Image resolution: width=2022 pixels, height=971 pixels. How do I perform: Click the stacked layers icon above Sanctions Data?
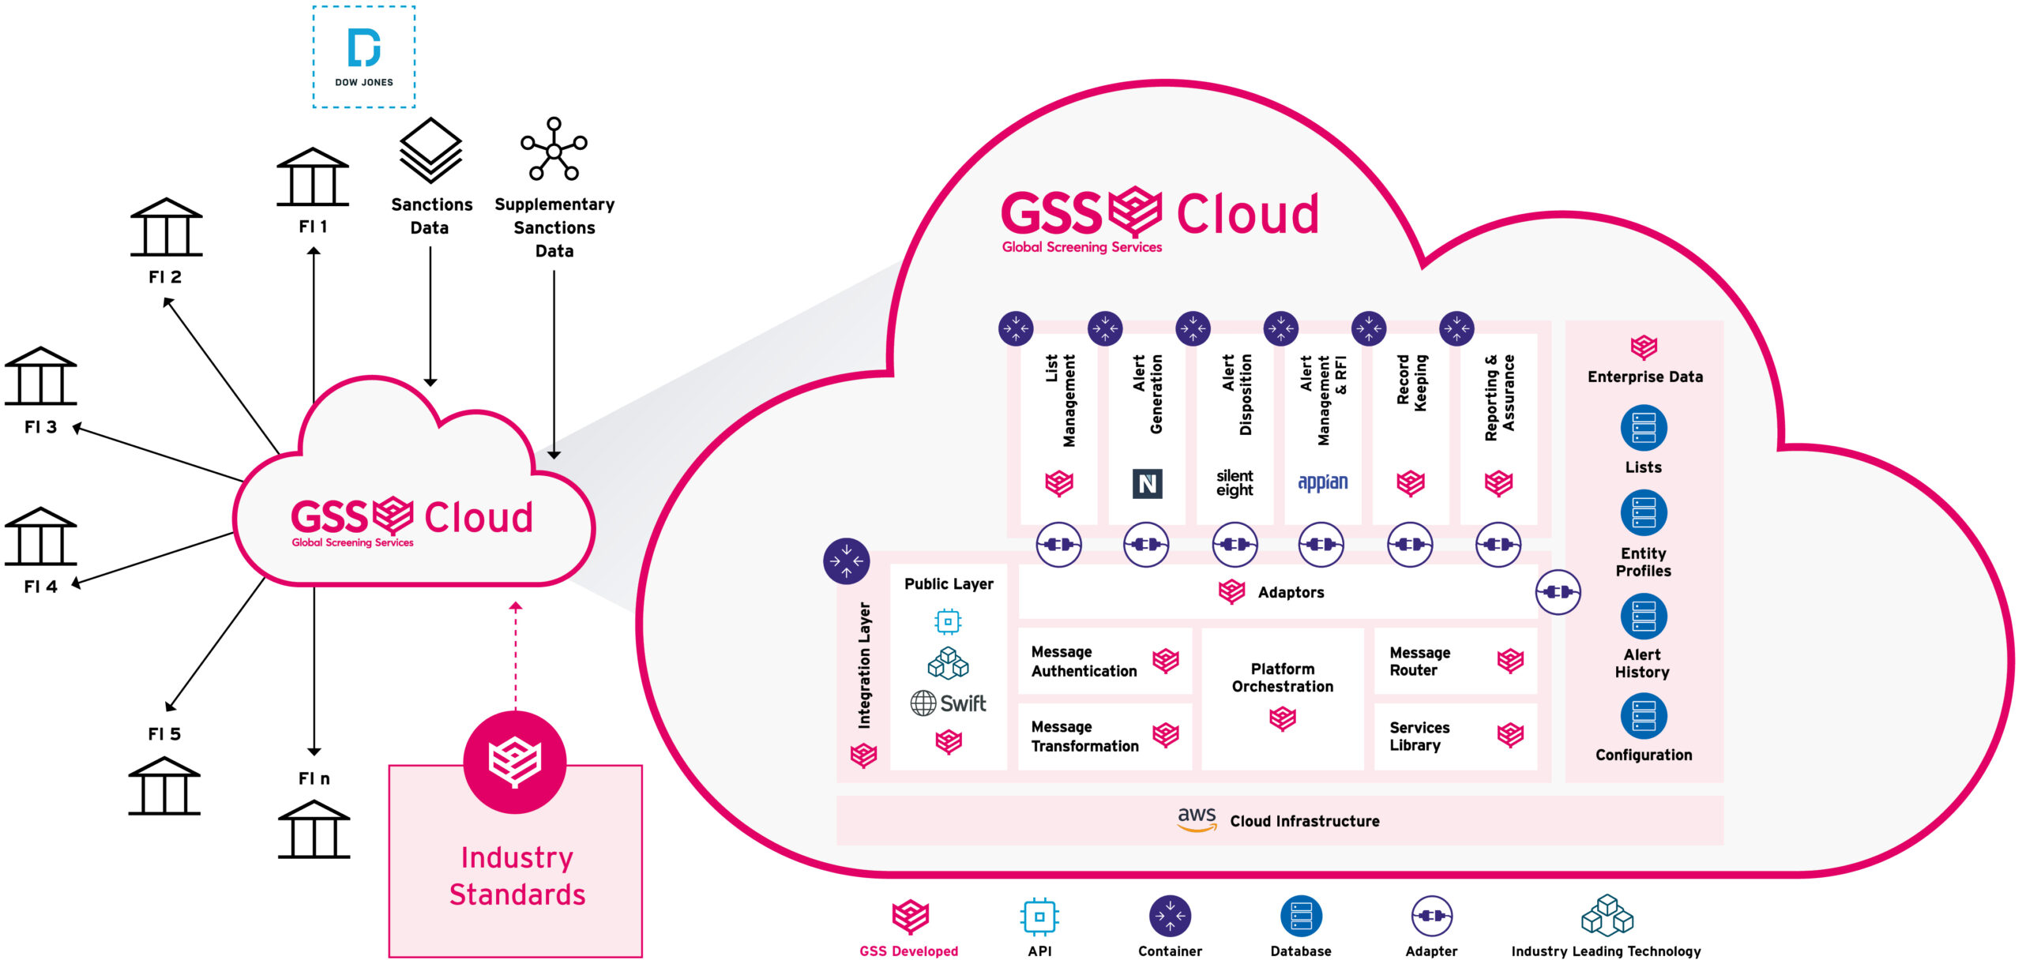click(x=430, y=150)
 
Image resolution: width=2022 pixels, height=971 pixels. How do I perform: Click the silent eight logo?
click(x=1235, y=483)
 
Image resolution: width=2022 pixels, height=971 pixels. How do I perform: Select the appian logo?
click(x=1323, y=482)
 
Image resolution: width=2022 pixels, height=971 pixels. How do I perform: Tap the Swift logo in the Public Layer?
click(x=948, y=703)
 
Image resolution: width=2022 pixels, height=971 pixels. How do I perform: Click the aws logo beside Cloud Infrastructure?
click(x=1197, y=818)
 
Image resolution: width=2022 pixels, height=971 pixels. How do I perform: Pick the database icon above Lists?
click(x=1644, y=428)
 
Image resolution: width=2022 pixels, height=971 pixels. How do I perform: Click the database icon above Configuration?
click(x=1644, y=716)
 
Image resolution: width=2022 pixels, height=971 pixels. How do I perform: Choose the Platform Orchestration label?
click(x=1283, y=678)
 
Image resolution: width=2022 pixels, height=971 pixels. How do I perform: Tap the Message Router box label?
click(x=1419, y=662)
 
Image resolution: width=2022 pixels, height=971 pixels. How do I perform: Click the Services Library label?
click(x=1419, y=737)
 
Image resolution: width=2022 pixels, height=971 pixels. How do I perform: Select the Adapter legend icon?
click(x=1431, y=917)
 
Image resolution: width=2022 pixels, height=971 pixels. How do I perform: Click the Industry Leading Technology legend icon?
click(x=1607, y=916)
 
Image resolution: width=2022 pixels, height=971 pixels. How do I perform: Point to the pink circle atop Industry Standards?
click(x=515, y=762)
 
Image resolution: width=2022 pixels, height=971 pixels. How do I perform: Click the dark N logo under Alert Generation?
click(x=1147, y=483)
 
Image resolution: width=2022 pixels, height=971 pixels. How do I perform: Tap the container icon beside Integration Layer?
click(x=847, y=561)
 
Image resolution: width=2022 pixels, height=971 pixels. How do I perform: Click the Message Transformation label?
click(x=1084, y=737)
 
